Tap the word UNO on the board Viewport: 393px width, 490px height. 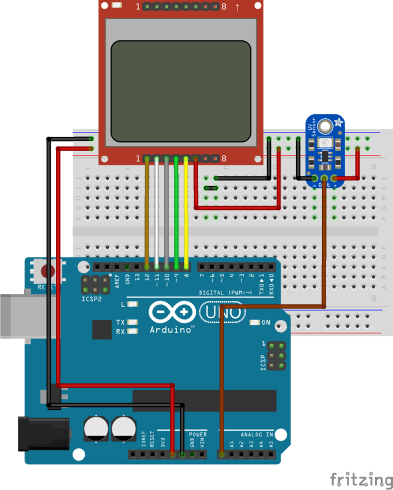click(x=225, y=312)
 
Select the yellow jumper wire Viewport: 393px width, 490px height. click(x=186, y=213)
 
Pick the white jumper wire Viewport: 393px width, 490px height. click(x=157, y=213)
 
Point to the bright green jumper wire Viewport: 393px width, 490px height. click(x=176, y=213)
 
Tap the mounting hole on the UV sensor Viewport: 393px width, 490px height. click(x=326, y=125)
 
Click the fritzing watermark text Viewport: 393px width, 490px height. click(x=361, y=479)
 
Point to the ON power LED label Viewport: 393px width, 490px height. click(x=266, y=323)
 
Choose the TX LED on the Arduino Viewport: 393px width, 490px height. click(x=133, y=322)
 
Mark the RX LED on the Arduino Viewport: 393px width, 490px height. click(x=133, y=331)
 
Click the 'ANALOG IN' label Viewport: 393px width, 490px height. click(x=257, y=434)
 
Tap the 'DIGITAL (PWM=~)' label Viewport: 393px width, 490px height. click(x=225, y=293)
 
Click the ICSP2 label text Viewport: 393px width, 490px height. click(x=91, y=300)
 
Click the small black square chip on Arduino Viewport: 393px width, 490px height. click(x=102, y=330)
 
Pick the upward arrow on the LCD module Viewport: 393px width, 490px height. click(x=237, y=7)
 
